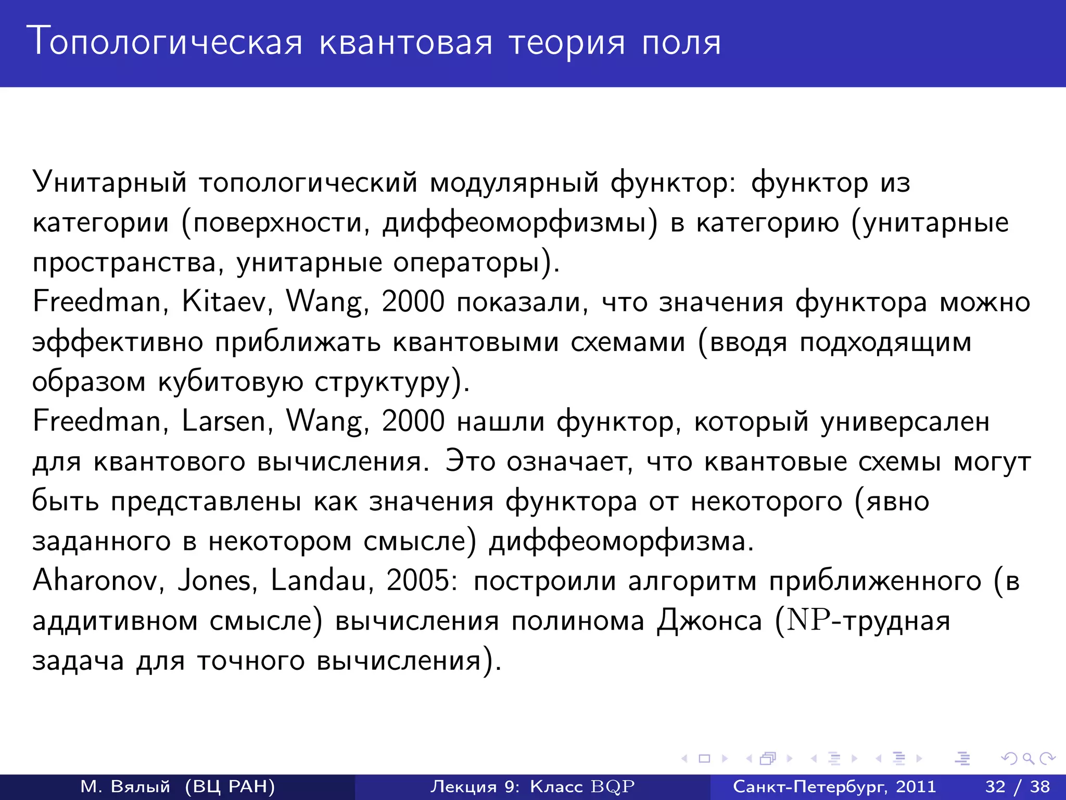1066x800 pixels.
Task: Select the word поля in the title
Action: tap(681, 42)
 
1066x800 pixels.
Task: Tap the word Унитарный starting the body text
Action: tap(109, 182)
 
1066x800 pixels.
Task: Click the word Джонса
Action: tap(709, 621)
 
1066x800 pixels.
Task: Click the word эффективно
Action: tap(118, 342)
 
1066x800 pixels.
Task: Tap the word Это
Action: tap(470, 461)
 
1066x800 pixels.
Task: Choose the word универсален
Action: tap(905, 421)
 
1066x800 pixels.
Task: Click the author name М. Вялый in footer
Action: tap(125, 786)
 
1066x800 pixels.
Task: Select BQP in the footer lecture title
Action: tap(613, 786)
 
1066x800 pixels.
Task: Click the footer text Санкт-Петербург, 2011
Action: tap(834, 786)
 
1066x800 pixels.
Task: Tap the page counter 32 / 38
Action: tap(1018, 786)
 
